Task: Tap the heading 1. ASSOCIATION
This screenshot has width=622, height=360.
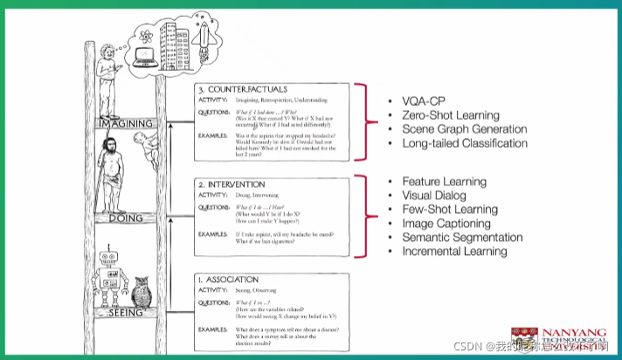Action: point(232,280)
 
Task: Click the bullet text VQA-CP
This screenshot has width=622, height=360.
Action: point(425,100)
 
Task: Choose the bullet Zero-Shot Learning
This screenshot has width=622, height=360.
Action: point(451,114)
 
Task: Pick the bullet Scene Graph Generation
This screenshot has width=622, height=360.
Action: point(464,128)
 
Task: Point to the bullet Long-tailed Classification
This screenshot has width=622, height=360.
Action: point(464,142)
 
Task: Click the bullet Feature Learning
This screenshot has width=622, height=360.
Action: point(445,181)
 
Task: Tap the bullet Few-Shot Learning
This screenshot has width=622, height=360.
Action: point(450,209)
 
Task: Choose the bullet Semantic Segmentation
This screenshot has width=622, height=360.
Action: point(462,237)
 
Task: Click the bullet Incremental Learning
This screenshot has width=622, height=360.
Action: point(454,251)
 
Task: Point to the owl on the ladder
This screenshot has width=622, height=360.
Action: point(144,290)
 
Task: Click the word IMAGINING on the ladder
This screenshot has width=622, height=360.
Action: point(127,124)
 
